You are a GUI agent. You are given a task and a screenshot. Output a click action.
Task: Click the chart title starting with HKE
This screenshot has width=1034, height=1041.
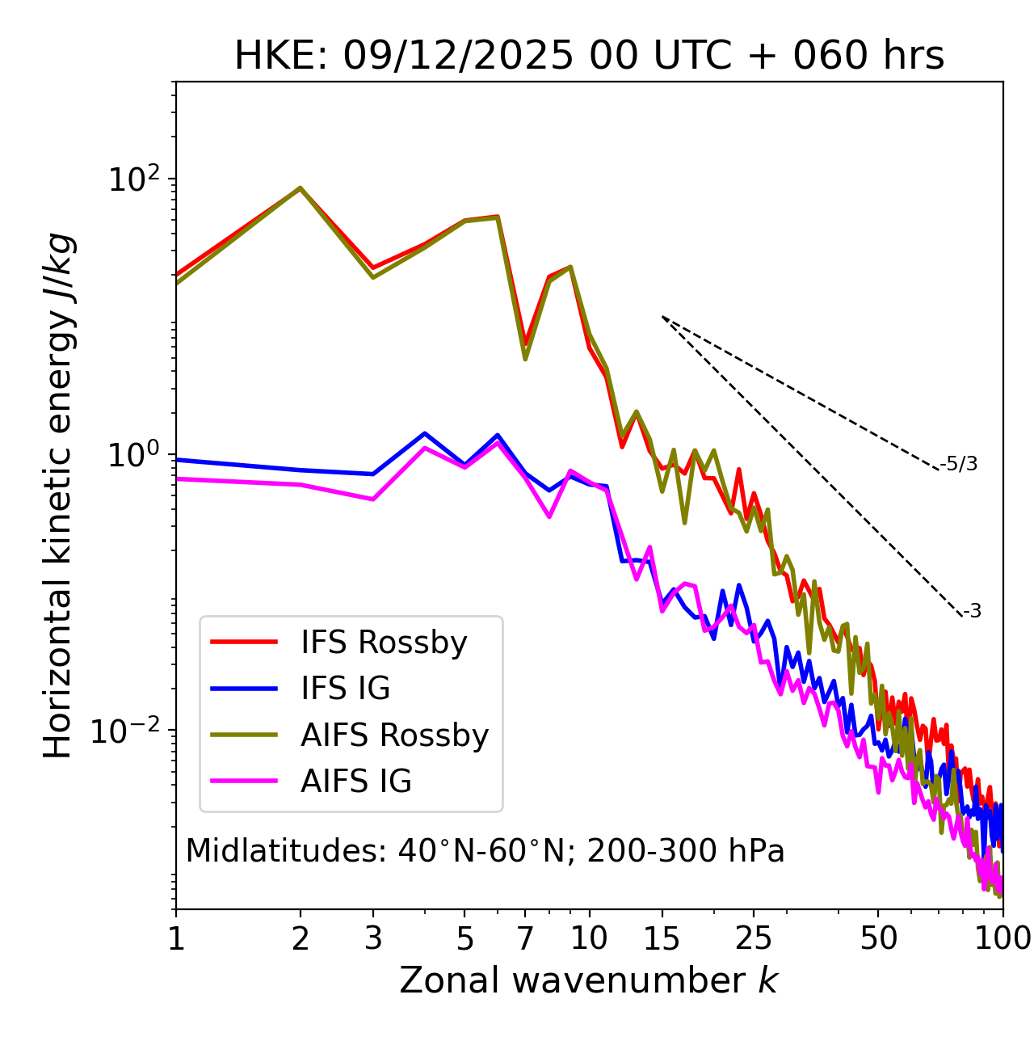coord(589,57)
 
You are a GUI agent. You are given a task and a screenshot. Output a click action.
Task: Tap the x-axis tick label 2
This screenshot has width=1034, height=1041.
coord(301,938)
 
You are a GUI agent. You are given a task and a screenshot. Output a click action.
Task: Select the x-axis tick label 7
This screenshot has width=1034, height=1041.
coord(525,938)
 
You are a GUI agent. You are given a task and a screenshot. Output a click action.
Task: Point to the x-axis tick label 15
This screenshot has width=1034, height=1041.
coord(662,938)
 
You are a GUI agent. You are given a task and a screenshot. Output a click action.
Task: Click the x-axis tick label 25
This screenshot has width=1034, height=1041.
coord(754,938)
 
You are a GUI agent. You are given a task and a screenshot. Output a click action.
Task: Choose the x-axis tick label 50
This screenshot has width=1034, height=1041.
coord(878,938)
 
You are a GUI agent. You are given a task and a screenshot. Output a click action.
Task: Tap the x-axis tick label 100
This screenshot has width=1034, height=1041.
coord(1002,938)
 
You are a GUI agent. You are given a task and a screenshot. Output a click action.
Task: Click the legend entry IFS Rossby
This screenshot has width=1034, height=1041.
coord(384,643)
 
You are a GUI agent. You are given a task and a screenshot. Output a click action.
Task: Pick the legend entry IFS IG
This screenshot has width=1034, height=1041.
coord(345,689)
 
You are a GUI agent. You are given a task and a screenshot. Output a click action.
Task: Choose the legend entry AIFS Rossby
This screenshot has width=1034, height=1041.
coord(394,735)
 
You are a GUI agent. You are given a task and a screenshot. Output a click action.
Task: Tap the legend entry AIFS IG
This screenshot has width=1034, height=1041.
coord(356,782)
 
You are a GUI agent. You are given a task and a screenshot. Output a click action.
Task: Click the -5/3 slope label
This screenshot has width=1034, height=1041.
coord(959,464)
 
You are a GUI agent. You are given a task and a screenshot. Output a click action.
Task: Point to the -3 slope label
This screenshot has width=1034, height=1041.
coord(972,612)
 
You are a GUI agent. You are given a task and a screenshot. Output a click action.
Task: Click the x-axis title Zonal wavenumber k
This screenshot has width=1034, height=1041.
coord(589,980)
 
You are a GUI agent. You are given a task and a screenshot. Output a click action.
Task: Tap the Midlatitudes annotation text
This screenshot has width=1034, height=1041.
coord(485,851)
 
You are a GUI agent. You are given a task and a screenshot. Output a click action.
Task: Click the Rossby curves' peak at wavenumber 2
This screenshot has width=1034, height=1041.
coord(301,188)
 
